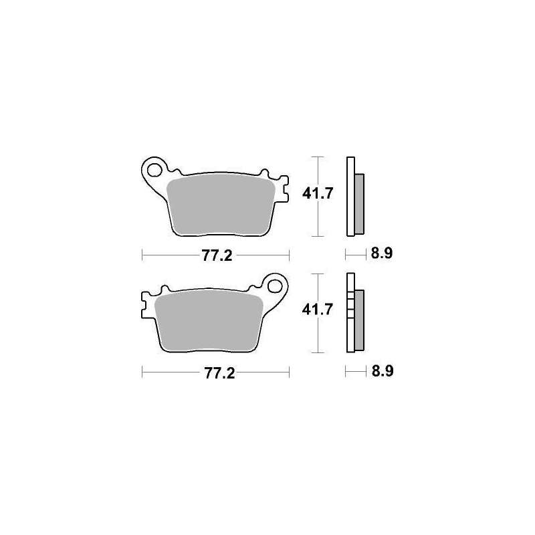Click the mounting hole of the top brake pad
[154, 170]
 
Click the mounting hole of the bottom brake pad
[275, 286]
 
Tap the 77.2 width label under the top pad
[217, 255]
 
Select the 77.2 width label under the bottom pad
[219, 373]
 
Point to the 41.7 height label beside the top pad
[317, 193]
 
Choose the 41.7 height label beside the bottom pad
[317, 310]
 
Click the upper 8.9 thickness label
[382, 253]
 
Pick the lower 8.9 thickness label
[383, 371]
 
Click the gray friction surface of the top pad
[221, 204]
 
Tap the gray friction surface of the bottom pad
[208, 322]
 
